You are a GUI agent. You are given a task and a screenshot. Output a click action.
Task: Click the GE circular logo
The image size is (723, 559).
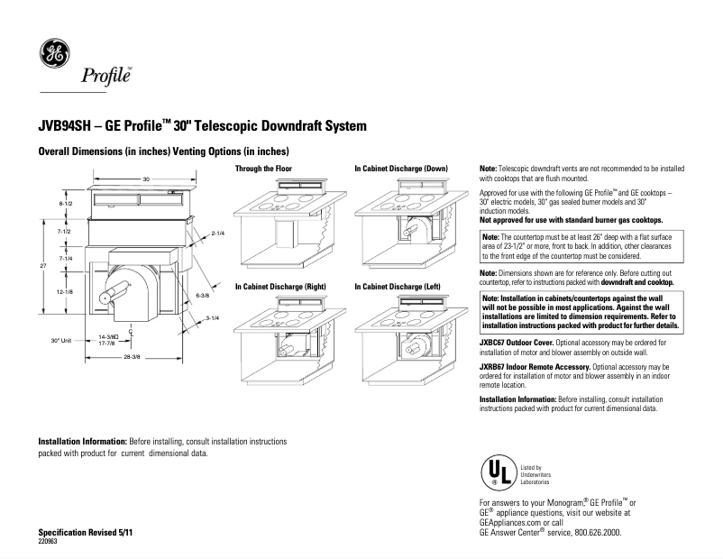coord(53,55)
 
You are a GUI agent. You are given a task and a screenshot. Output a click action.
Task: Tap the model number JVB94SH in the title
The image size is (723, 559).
coord(69,127)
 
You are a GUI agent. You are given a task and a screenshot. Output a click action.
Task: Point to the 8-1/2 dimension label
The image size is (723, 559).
coord(65,206)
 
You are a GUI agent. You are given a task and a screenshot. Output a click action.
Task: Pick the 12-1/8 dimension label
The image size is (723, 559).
coord(65,292)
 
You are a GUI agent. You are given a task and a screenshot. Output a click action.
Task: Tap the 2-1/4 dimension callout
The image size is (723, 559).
coord(217,233)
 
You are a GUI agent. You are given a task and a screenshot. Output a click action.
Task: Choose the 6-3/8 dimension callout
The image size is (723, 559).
coord(202,295)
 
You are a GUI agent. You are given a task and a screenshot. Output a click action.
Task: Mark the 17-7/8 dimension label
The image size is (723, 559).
coord(105,344)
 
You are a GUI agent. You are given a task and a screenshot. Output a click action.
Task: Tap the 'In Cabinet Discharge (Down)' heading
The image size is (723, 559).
coord(400,169)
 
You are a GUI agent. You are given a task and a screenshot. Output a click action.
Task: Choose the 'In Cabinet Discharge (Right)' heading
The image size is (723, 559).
coord(280,286)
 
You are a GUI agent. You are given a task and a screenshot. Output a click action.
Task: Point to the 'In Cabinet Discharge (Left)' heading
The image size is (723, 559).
coord(398,286)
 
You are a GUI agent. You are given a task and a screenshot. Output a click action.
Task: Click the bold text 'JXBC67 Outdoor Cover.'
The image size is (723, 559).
coord(520,343)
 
